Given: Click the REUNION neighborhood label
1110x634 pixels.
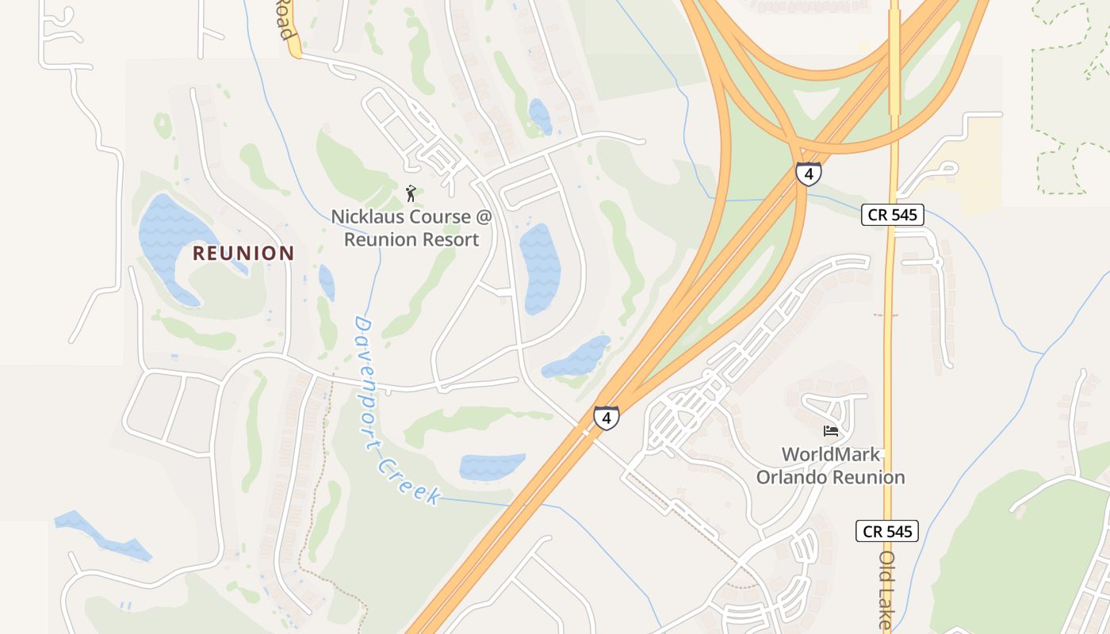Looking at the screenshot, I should pyautogui.click(x=244, y=254).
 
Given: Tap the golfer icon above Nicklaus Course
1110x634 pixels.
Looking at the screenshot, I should pyautogui.click(x=411, y=194).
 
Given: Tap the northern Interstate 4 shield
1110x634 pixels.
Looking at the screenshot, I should pyautogui.click(x=808, y=173).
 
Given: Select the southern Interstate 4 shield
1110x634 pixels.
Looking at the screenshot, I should pyautogui.click(x=606, y=418).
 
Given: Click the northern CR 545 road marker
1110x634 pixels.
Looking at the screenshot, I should pyautogui.click(x=892, y=215).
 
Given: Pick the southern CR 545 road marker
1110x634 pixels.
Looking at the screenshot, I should pyautogui.click(x=886, y=531).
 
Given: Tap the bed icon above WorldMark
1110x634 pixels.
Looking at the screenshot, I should pyautogui.click(x=831, y=431).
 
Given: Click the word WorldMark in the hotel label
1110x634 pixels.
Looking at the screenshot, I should pyautogui.click(x=831, y=455).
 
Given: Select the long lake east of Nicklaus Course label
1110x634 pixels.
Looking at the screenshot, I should pyautogui.click(x=541, y=268).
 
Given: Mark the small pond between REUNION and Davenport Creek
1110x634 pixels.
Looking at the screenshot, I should pyautogui.click(x=327, y=282).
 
